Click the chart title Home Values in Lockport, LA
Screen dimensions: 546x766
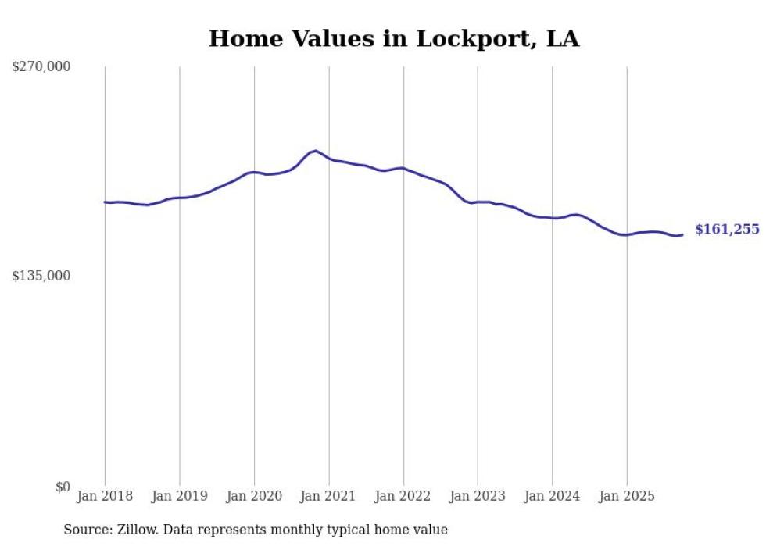(x=394, y=39)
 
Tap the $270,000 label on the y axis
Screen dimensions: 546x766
(x=41, y=67)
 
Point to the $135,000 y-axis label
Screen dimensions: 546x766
(x=41, y=276)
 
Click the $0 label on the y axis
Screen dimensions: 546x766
(x=63, y=487)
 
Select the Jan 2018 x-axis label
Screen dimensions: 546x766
(x=105, y=496)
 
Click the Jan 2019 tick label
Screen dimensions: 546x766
(x=180, y=496)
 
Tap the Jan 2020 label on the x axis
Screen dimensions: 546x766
(x=254, y=496)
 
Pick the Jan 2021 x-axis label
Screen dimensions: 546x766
(x=329, y=496)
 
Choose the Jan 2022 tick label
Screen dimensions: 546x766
(x=403, y=496)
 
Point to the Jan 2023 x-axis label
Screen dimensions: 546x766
(x=478, y=496)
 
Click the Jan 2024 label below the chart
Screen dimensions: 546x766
(x=553, y=496)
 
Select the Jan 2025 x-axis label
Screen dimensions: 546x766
(x=627, y=496)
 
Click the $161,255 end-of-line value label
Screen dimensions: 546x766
(x=727, y=230)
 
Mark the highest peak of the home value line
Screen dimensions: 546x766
(x=315, y=150)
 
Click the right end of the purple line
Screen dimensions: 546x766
(x=682, y=234)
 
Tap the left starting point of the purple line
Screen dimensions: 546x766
(x=105, y=202)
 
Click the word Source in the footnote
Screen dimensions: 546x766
(x=84, y=530)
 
